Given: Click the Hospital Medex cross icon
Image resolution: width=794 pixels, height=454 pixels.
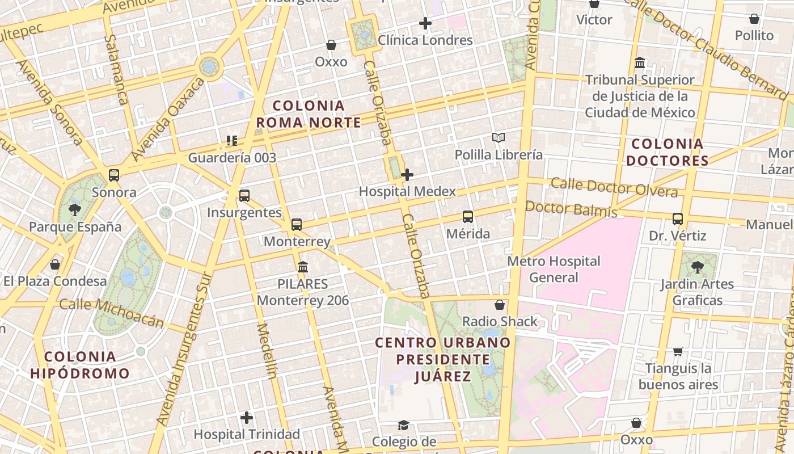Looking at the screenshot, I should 407,175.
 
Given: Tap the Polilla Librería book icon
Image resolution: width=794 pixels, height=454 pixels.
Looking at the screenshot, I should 499,137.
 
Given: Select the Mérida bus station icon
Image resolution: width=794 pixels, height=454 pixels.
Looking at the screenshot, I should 468,216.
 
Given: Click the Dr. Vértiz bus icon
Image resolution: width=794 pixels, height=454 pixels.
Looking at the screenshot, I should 677,218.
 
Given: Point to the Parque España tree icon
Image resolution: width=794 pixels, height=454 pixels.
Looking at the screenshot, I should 75,210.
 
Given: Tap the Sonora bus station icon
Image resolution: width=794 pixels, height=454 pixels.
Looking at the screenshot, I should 114,175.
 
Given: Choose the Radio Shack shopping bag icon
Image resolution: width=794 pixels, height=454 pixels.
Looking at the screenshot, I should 500,305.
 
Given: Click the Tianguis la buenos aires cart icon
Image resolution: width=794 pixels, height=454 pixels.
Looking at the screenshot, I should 678,352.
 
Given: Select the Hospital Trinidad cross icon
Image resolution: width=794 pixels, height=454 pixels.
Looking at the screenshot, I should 247,418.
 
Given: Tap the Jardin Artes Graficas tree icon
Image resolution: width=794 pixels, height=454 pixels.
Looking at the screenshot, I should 697,267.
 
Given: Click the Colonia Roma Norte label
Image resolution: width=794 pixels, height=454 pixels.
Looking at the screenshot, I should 309,114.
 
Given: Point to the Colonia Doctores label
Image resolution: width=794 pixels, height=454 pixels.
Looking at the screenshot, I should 668,152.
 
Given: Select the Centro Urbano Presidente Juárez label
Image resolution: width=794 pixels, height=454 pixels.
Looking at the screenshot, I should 443,359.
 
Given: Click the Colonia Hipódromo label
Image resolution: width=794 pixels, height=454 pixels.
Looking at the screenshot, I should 80,365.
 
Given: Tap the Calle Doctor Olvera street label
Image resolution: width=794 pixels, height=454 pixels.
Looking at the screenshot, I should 614,187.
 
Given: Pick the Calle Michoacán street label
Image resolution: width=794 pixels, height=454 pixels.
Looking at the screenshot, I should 112,313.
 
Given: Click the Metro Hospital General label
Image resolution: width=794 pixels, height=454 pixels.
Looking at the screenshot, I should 554,270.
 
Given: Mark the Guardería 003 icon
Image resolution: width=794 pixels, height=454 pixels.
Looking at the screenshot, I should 231,140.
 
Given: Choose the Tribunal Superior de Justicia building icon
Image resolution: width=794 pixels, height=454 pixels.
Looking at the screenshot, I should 640,62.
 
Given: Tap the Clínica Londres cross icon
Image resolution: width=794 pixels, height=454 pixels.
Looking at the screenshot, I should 425,23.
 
